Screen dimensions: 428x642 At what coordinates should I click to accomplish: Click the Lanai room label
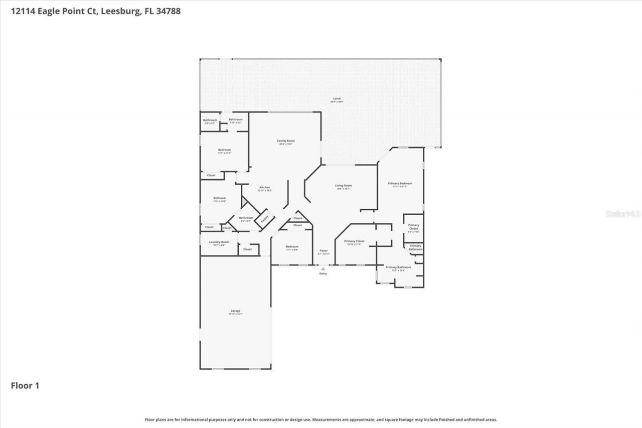[x=337, y=99]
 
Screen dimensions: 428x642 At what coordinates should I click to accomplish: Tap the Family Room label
[x=286, y=141]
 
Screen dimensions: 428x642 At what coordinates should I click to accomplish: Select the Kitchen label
[x=265, y=188]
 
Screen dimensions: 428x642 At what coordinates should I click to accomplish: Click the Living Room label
[x=344, y=186]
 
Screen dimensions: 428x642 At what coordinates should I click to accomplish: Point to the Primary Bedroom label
[x=400, y=184]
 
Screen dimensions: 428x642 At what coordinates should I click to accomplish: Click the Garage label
[x=235, y=312]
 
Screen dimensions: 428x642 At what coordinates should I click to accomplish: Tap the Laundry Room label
[x=219, y=242]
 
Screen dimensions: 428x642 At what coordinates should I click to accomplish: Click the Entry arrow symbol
[x=323, y=269]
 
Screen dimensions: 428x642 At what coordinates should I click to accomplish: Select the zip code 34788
[x=168, y=11]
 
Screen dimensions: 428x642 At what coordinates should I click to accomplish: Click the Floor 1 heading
[x=25, y=385]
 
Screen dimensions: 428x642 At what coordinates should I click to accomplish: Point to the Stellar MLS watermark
[x=623, y=214]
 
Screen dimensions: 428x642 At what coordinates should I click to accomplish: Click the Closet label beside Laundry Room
[x=247, y=249]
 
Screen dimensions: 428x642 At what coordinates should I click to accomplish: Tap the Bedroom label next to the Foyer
[x=292, y=247]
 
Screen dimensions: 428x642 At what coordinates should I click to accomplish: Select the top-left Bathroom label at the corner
[x=210, y=120]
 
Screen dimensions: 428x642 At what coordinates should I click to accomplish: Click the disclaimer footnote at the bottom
[x=321, y=419]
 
